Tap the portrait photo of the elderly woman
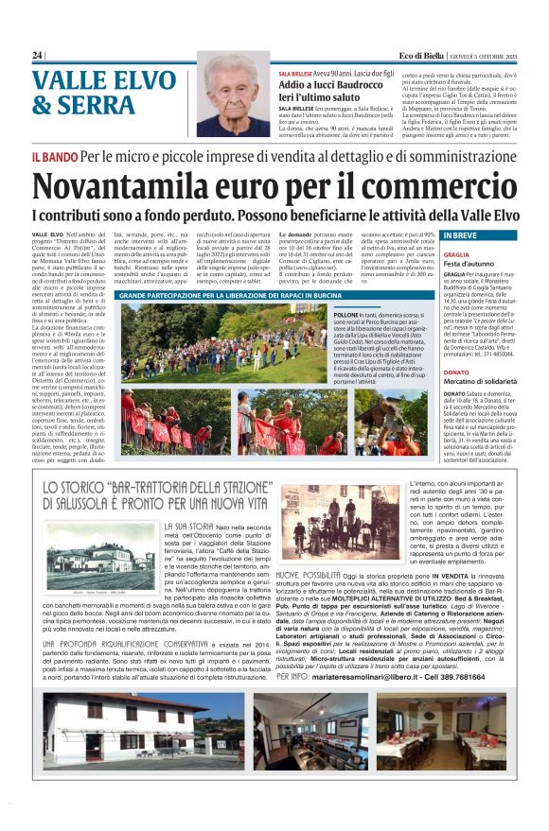point(233,95)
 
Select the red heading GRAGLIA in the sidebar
point(430,255)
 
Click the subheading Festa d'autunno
point(444,266)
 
